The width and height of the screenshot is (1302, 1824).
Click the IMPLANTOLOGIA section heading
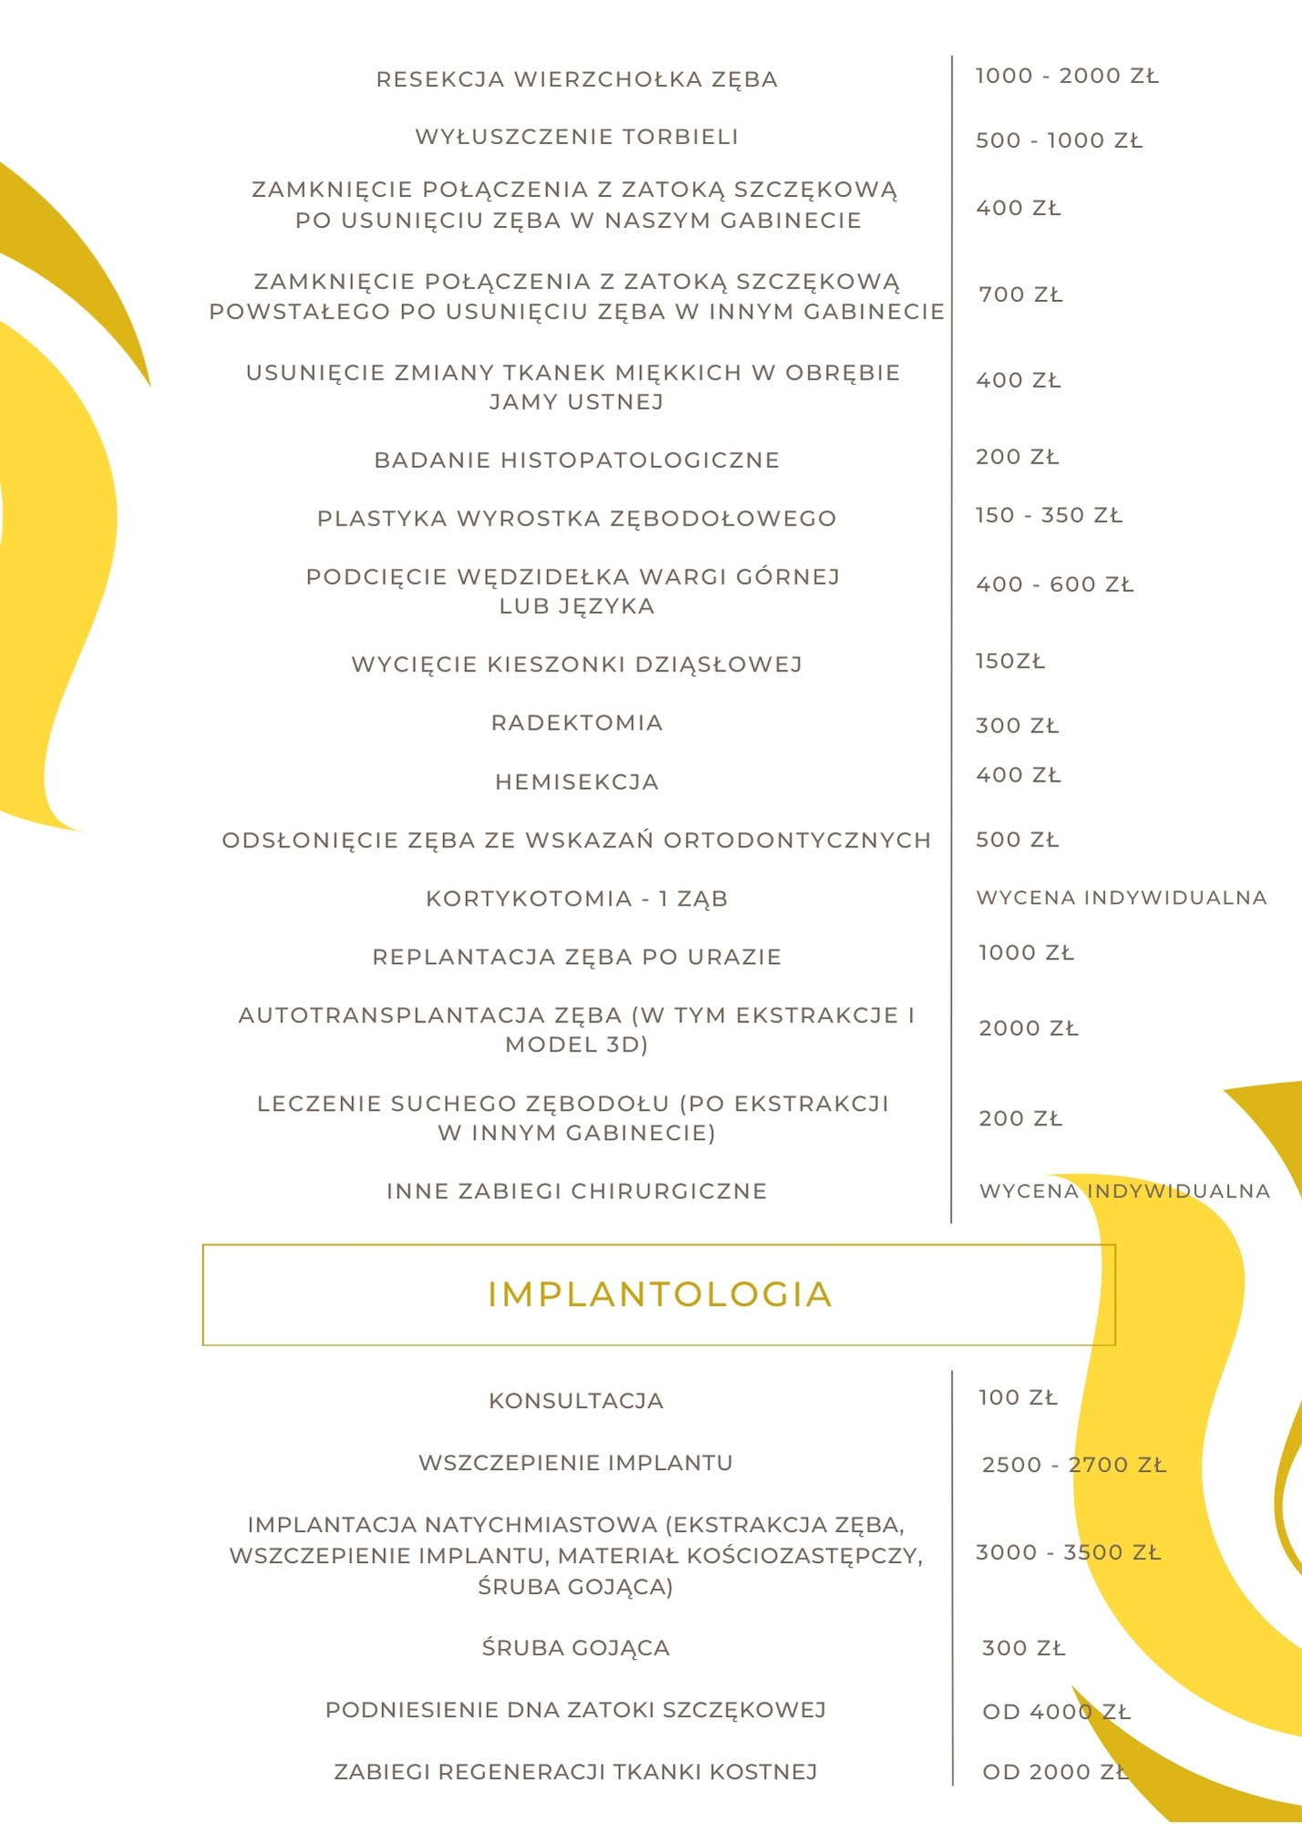659,1295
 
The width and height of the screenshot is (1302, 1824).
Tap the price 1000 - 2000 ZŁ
1067,77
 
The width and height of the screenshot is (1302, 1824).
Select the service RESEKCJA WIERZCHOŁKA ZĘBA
576,80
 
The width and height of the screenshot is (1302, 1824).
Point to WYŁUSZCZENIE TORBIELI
576,138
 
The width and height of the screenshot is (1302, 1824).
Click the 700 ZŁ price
1020,295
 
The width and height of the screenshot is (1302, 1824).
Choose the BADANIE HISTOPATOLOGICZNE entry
576,461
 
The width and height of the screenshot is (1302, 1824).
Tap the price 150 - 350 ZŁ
1049,515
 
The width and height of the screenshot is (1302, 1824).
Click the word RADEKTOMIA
576,723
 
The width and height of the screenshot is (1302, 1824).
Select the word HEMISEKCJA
576,782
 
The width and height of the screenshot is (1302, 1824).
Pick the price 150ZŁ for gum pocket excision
1009,661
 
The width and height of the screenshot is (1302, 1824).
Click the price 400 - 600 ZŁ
1054,585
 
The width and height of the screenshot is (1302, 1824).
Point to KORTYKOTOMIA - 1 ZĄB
576,899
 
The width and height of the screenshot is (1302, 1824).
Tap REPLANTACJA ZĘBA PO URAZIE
576,958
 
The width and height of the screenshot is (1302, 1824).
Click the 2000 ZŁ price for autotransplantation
1028,1029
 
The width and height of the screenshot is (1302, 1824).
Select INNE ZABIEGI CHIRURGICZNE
576,1191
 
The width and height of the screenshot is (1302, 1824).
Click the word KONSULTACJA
576,1401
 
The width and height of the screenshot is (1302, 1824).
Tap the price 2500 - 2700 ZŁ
1073,1466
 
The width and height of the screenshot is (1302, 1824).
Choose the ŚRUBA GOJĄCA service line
576,1648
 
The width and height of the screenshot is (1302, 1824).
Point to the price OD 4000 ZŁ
1056,1712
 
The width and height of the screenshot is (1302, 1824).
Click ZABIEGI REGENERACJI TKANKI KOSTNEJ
576,1772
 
